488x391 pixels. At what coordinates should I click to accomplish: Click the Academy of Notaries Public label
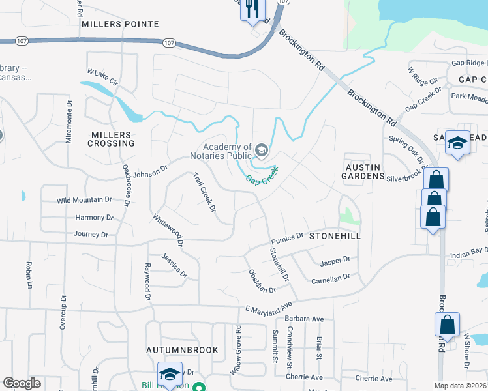pos(227,152)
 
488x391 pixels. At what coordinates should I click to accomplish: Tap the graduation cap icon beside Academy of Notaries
pos(262,152)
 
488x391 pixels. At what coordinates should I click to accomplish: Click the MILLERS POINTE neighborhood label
pos(120,24)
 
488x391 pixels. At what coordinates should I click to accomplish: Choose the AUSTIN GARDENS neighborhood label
pos(363,171)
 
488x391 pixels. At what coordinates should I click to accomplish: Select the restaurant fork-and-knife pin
pos(251,8)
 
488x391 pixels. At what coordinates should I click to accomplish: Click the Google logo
pos(22,383)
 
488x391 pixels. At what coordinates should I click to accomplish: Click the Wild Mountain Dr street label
pos(85,200)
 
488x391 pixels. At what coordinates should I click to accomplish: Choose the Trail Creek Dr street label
pos(204,192)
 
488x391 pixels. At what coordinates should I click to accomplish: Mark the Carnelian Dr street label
pos(331,277)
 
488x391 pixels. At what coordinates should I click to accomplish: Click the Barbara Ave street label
pos(305,319)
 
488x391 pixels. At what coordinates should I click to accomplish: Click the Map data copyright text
pos(461,386)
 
